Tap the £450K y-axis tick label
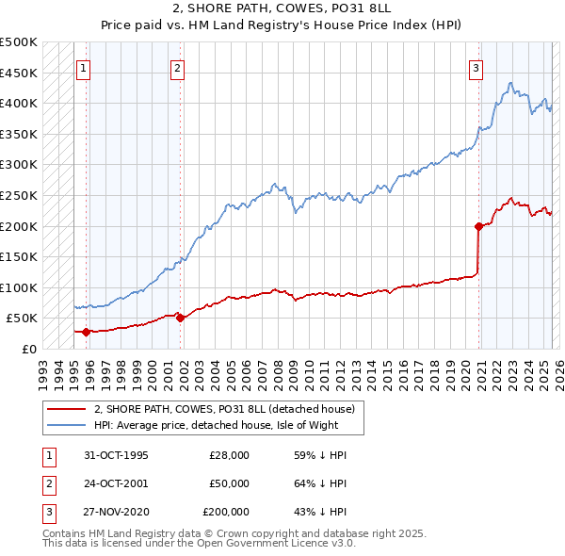[19, 73]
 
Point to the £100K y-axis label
[19, 287]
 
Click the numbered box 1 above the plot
[84, 68]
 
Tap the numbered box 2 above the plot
[177, 68]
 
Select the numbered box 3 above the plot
[476, 68]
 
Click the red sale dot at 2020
[478, 226]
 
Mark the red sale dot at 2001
[180, 319]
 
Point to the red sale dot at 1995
[87, 332]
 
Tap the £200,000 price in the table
[226, 512]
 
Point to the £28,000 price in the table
[229, 455]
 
